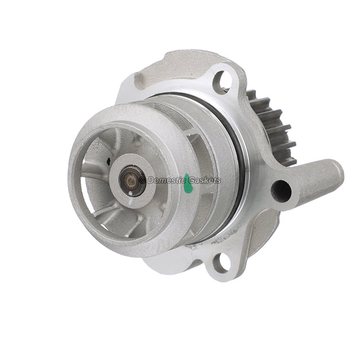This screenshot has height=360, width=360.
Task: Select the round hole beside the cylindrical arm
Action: (281, 191)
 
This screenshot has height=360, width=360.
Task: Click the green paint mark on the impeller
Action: (188, 183)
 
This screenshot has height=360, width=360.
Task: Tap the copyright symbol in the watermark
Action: (142, 180)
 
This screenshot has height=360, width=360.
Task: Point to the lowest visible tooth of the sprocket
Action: (289, 160)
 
